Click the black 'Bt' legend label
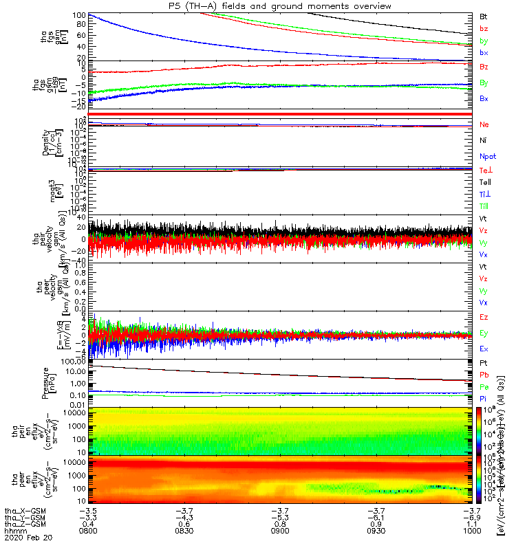(484, 15)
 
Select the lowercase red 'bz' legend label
(484, 28)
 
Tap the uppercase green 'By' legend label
(484, 82)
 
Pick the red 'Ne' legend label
(484, 124)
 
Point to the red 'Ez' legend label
(484, 317)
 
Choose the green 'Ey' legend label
(484, 333)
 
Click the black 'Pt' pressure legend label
(484, 363)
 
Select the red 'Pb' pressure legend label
(484, 375)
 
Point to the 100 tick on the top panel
(77, 14)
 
